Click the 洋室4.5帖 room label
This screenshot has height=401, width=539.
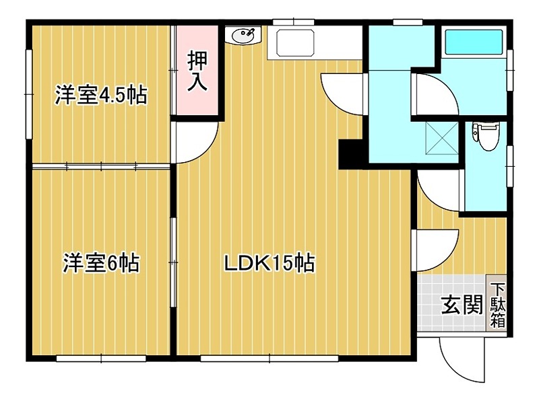(100, 96)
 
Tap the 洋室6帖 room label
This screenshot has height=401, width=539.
(101, 263)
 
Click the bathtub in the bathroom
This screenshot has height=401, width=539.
(474, 43)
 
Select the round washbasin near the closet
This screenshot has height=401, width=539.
(243, 34)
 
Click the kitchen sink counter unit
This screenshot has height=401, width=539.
(293, 42)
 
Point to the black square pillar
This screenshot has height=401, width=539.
(351, 154)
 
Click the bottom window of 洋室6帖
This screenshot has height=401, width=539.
(100, 358)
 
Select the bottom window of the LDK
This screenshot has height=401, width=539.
(269, 358)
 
